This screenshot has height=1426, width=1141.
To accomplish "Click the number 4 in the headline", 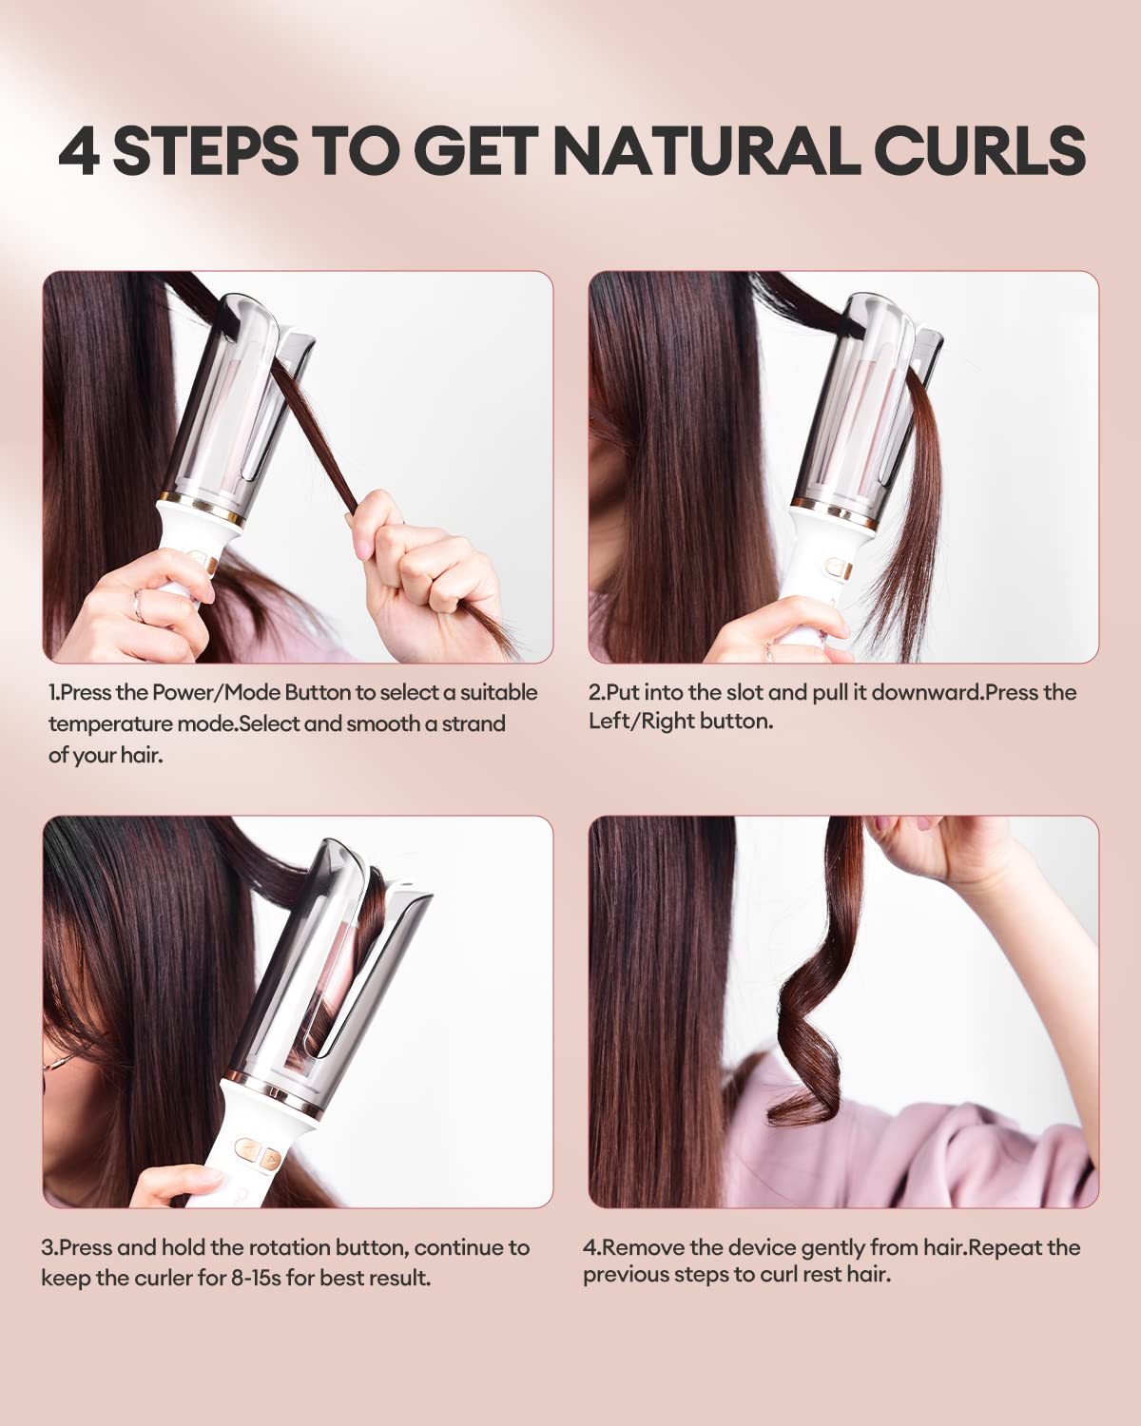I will [78, 151].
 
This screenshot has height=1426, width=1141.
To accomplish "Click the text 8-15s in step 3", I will [256, 1278].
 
